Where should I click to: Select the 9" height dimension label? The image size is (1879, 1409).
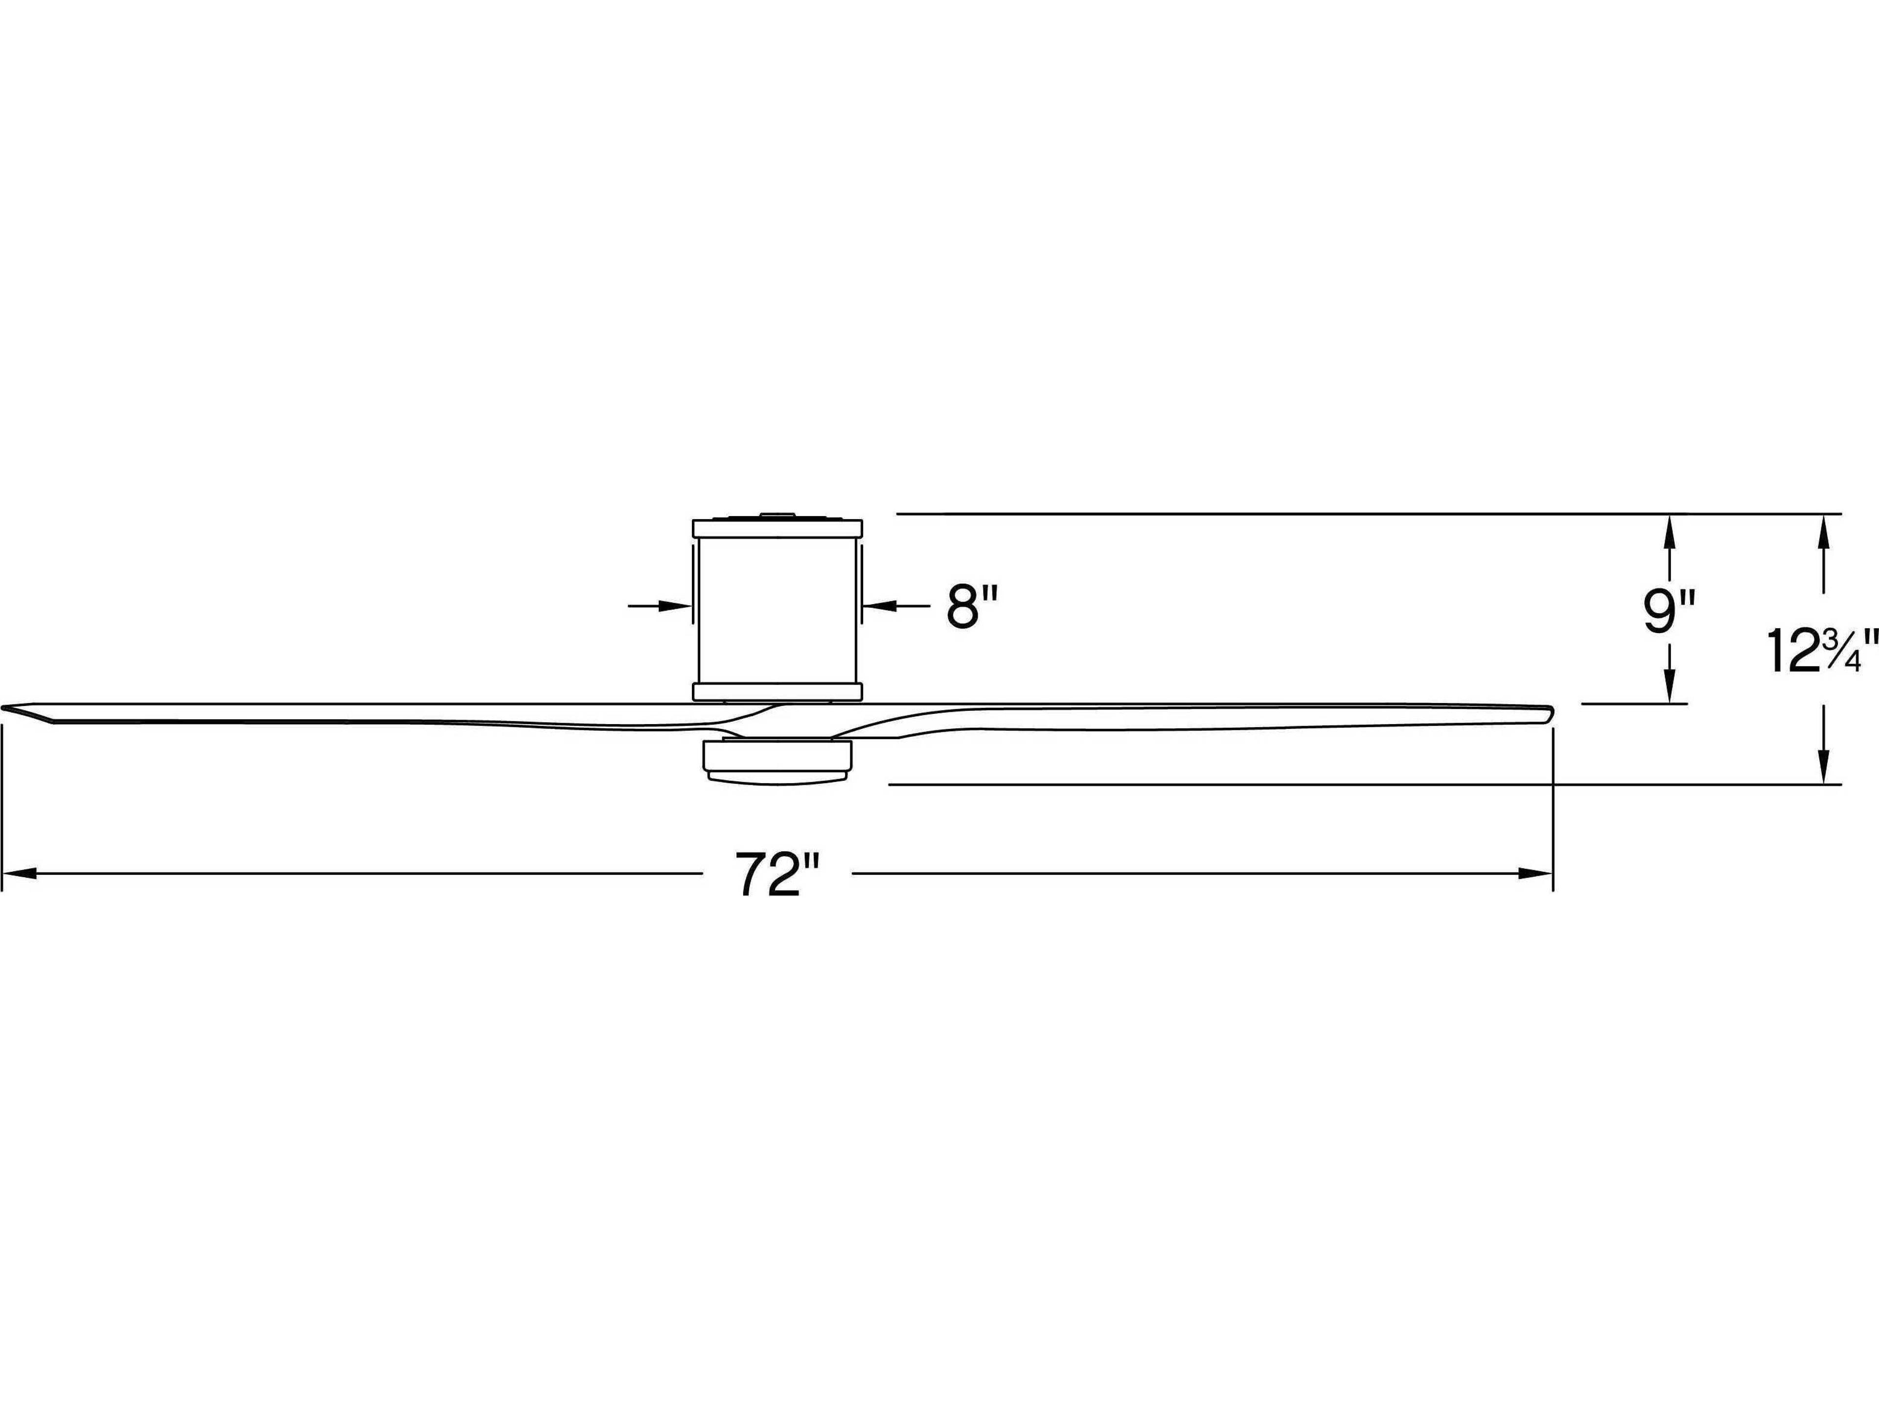[1668, 612]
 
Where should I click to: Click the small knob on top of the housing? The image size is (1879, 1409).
[777, 514]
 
